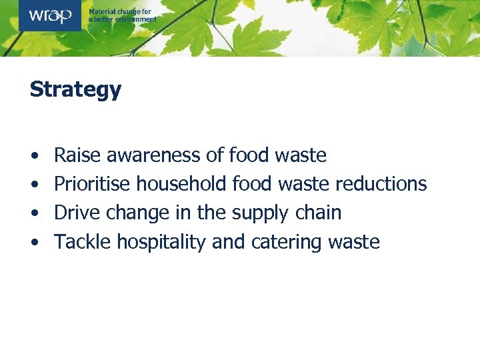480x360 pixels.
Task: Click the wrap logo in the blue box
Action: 49,15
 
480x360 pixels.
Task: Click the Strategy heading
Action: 75,89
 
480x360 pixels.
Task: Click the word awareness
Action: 153,156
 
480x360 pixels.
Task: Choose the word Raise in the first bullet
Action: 76,156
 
